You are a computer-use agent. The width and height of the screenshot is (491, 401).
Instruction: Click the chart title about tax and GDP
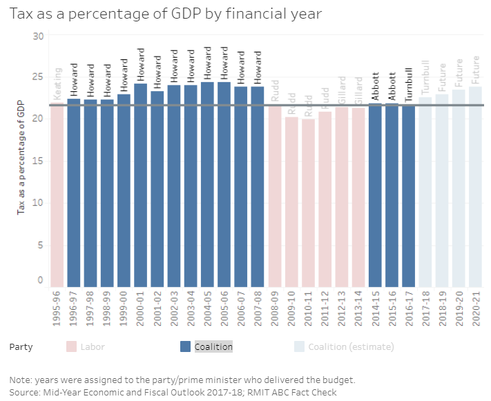(165, 13)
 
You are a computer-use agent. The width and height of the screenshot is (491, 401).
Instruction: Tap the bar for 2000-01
(140, 186)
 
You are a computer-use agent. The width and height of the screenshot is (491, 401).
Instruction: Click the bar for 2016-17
(409, 197)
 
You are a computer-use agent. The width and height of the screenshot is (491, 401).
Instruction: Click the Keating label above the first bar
(57, 84)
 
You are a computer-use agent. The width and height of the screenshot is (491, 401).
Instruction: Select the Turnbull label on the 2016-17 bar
(409, 84)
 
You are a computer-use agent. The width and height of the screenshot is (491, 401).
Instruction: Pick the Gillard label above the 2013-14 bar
(358, 90)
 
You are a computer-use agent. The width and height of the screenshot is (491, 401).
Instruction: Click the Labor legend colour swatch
(71, 346)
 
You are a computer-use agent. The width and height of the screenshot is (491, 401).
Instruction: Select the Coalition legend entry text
(213, 346)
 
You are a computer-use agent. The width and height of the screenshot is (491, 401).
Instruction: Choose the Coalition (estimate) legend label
(351, 346)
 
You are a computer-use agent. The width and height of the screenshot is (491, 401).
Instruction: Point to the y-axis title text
(21, 157)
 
